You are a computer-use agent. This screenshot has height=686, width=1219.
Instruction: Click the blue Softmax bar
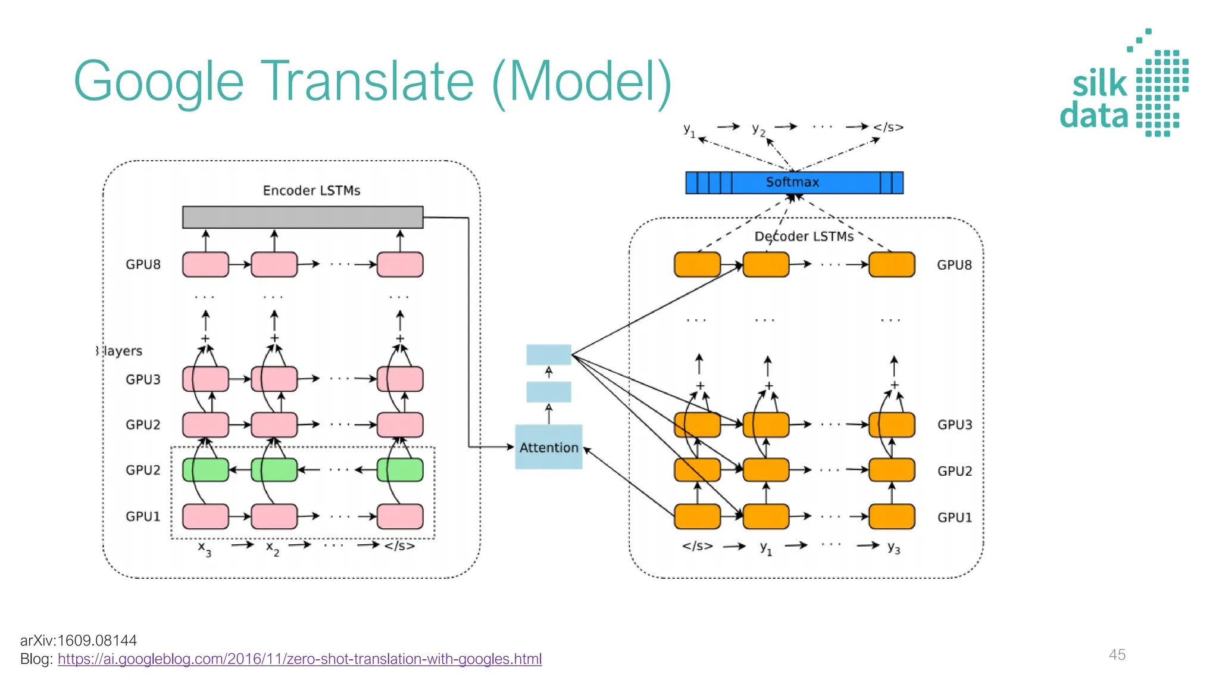click(x=794, y=182)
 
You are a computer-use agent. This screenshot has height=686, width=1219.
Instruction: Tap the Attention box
click(x=548, y=447)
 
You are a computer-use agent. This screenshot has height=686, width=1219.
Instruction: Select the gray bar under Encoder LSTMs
click(x=302, y=217)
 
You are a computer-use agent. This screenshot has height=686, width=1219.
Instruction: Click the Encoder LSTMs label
click(x=311, y=191)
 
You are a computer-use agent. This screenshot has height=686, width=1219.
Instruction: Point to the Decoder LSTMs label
click(x=804, y=236)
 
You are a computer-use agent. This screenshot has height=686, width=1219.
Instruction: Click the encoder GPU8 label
click(x=143, y=264)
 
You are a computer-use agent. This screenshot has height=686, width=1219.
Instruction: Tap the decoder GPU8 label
click(x=954, y=265)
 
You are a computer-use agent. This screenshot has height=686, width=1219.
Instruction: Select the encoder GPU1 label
click(x=143, y=516)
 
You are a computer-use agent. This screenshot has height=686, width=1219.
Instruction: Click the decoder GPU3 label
click(x=954, y=425)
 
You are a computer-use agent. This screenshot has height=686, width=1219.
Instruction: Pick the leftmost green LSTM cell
click(x=205, y=470)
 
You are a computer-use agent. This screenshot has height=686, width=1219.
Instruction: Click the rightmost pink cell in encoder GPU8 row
click(x=400, y=264)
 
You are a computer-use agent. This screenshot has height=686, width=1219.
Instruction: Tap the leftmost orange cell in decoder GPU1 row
click(x=697, y=516)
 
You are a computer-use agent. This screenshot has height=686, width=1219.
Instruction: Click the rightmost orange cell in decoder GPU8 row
click(x=892, y=264)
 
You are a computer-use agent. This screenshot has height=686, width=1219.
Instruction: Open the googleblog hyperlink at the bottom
click(x=299, y=659)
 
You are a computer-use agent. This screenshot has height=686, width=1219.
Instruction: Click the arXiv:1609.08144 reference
click(x=79, y=641)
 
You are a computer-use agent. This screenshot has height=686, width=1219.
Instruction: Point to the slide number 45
click(x=1117, y=654)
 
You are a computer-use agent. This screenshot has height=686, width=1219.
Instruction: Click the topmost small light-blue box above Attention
click(x=548, y=354)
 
